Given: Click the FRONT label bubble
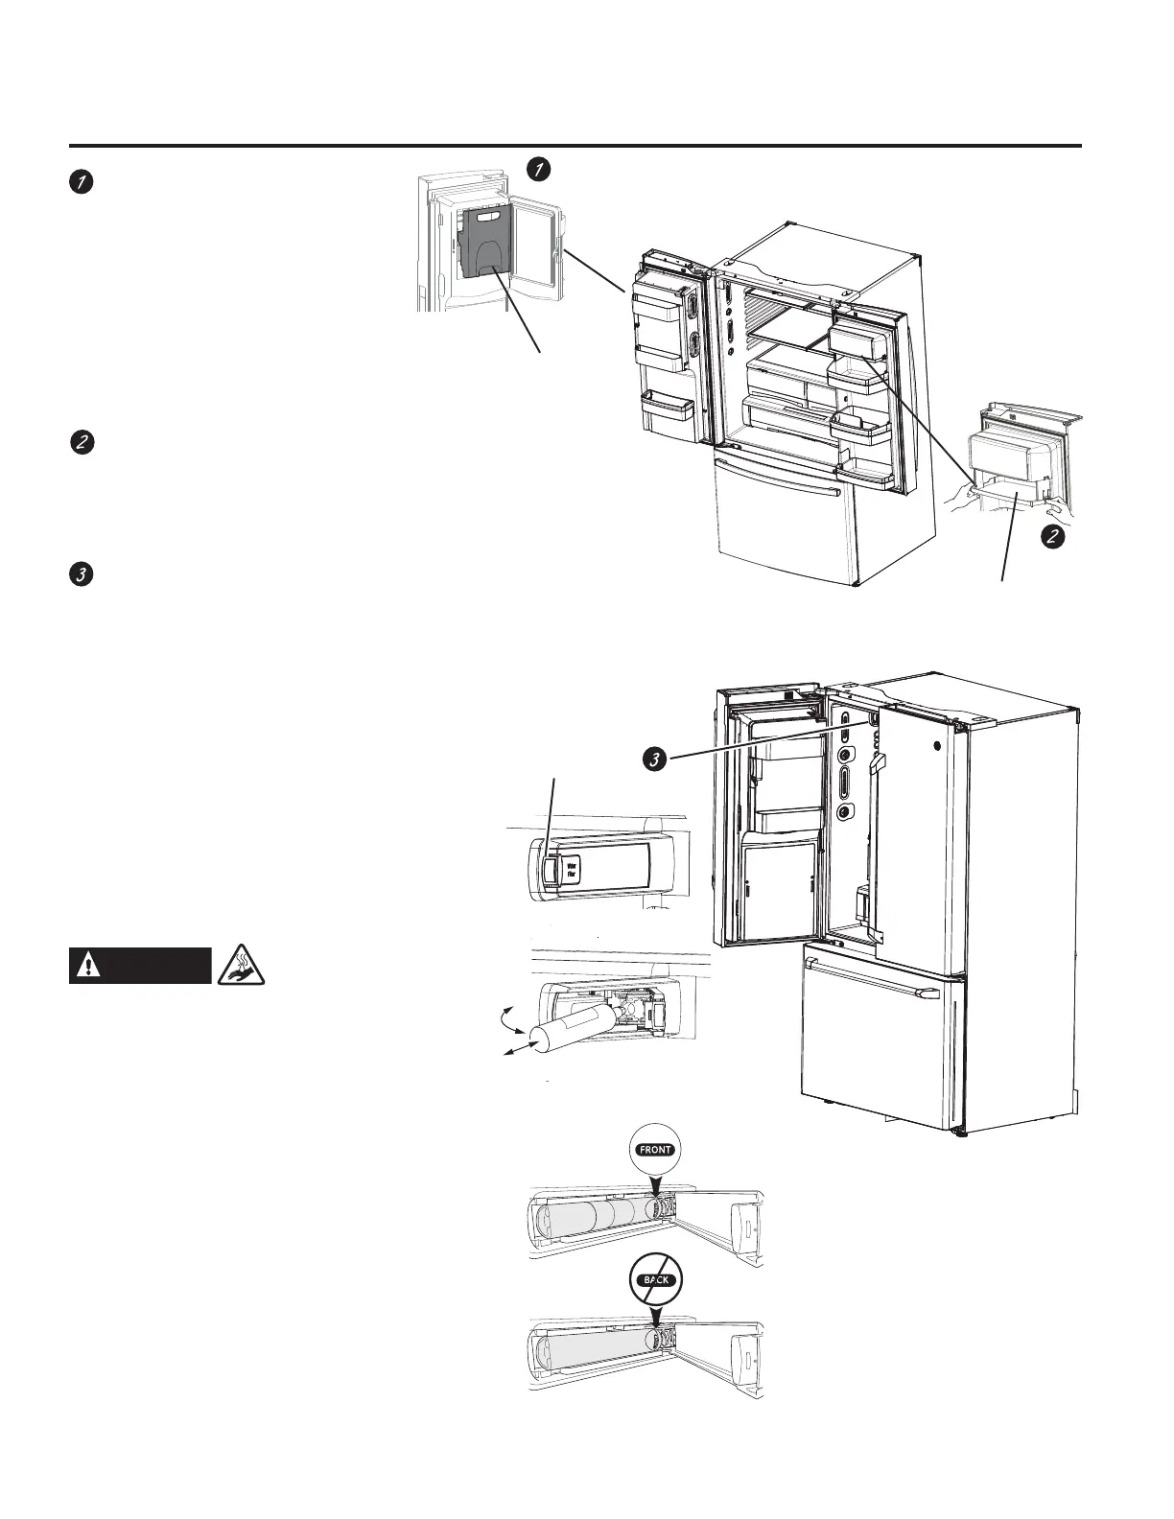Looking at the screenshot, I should pyautogui.click(x=655, y=1148).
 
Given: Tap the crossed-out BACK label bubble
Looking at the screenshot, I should pyautogui.click(x=655, y=1279).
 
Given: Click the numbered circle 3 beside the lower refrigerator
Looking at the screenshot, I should pyautogui.click(x=653, y=759).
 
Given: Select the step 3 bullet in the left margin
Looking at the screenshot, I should pyautogui.click(x=82, y=576).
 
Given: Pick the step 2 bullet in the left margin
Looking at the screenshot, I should pyautogui.click(x=82, y=443).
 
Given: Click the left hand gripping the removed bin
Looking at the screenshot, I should pyautogui.click(x=962, y=496).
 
